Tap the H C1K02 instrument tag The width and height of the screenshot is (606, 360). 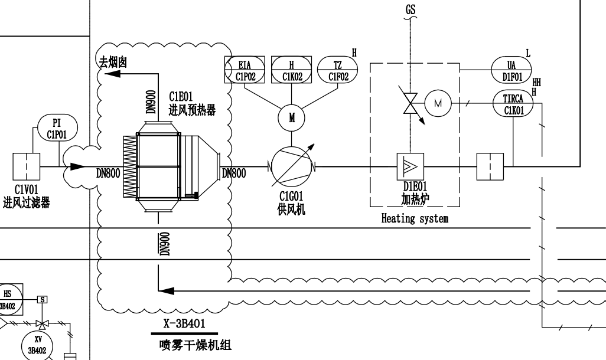pyautogui.click(x=291, y=70)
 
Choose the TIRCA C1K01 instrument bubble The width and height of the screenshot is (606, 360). pyautogui.click(x=513, y=104)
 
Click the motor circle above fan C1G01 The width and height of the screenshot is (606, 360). pyautogui.click(x=292, y=117)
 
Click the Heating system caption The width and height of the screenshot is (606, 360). pyautogui.click(x=415, y=219)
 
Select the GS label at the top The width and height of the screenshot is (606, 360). pyautogui.click(x=410, y=11)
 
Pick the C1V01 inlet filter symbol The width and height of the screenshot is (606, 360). pyautogui.click(x=26, y=166)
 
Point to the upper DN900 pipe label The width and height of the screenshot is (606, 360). pyautogui.click(x=151, y=101)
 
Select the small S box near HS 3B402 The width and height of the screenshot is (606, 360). pyautogui.click(x=43, y=299)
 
